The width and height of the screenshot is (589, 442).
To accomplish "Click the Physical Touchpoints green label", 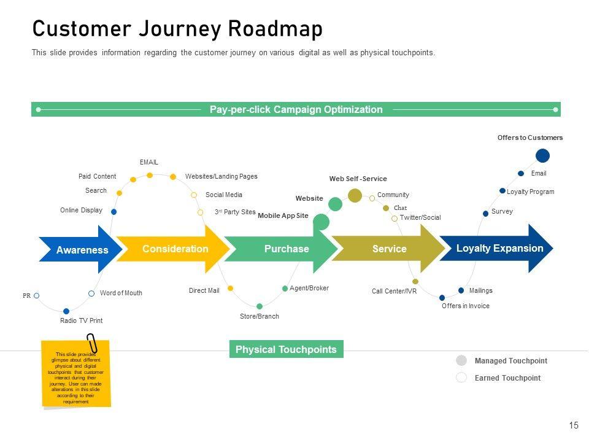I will click(x=286, y=349).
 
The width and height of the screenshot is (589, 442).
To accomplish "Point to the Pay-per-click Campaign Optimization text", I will click(x=296, y=110).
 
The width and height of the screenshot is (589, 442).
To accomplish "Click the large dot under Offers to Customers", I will click(x=543, y=155).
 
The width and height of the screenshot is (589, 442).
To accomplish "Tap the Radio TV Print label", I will click(x=81, y=320).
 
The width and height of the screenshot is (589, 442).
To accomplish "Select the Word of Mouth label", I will click(x=121, y=293).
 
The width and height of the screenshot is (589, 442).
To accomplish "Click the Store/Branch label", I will click(x=259, y=316).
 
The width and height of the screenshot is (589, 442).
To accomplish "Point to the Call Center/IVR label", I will click(x=394, y=291).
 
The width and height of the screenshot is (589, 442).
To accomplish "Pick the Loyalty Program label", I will click(x=530, y=192).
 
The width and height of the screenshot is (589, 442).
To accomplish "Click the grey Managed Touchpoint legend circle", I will click(x=461, y=360).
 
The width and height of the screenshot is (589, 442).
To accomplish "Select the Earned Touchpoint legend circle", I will click(x=461, y=378).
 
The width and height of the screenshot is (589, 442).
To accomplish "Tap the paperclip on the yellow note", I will click(x=92, y=344).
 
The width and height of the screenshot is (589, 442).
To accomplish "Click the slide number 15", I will click(x=574, y=425).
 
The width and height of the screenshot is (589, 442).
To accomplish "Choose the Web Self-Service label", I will click(x=358, y=179).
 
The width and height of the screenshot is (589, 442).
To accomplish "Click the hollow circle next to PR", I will click(x=37, y=296).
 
